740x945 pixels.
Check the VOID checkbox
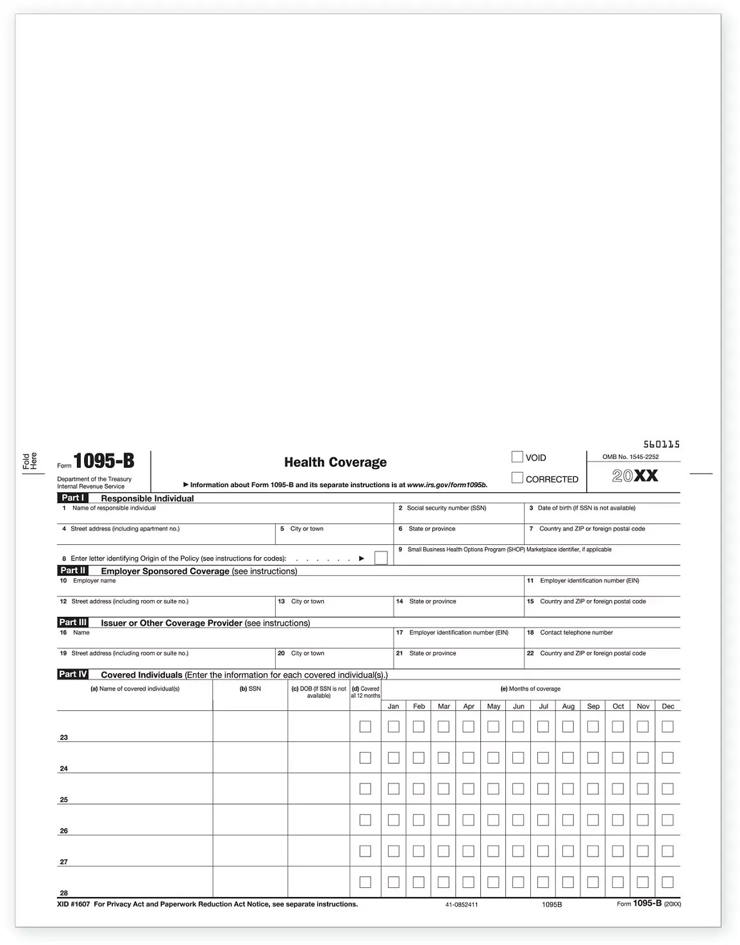pos(517,457)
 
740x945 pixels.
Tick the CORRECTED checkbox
pos(517,478)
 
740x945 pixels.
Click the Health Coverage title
pos(335,462)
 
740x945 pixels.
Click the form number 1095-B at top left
pos(104,461)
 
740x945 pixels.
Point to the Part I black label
pos(72,498)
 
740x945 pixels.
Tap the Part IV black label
pos(72,674)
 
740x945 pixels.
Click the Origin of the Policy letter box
pos(381,558)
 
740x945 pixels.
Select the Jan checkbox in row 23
pos(394,726)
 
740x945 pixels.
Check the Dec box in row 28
pos(668,882)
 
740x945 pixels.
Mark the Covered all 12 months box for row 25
pos(366,789)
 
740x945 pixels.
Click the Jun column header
pos(518,707)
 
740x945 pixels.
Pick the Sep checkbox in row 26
pos(593,820)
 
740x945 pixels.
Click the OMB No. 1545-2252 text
pos(630,457)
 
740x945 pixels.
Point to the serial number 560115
pos(661,444)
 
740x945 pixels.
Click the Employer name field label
pos(94,581)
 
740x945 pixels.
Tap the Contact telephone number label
pos(576,633)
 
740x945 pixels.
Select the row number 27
pos(63,862)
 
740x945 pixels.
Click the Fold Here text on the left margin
pos(30,461)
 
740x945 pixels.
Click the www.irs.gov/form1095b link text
pos(447,485)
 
